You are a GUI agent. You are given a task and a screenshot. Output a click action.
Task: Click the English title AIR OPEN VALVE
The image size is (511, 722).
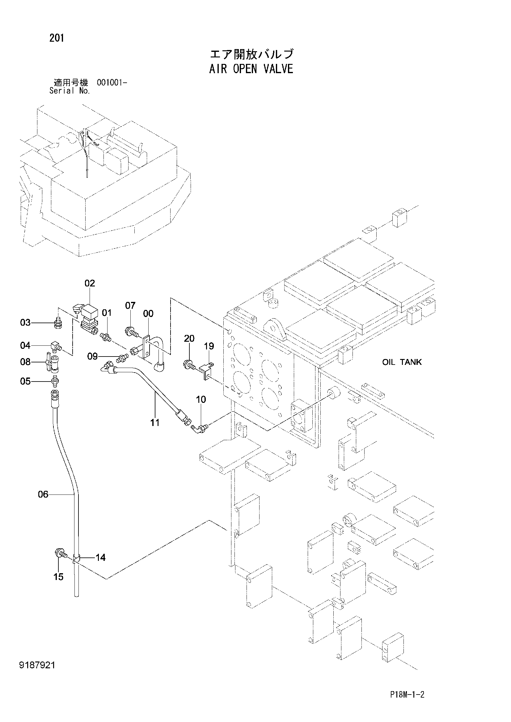[x=251, y=69]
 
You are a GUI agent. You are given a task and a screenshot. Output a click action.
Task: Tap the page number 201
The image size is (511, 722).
[x=57, y=38]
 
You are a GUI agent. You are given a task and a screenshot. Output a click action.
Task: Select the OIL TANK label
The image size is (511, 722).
[x=402, y=362]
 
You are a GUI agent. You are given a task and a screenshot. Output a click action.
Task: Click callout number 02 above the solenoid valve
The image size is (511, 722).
[x=90, y=283]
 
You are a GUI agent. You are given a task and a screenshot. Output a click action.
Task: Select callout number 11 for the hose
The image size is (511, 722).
[x=155, y=423]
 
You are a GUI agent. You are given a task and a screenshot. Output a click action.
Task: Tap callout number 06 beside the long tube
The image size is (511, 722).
[x=43, y=494]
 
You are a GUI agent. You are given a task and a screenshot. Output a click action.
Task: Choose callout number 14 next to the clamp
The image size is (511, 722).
[x=100, y=557]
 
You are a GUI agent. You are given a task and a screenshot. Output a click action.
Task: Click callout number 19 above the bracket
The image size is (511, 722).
[x=209, y=346]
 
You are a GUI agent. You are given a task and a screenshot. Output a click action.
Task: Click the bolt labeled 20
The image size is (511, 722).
[x=190, y=365]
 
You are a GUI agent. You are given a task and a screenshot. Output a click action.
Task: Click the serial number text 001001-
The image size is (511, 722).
[x=112, y=83]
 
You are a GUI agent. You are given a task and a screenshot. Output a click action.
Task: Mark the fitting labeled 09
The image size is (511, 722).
[x=122, y=358]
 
